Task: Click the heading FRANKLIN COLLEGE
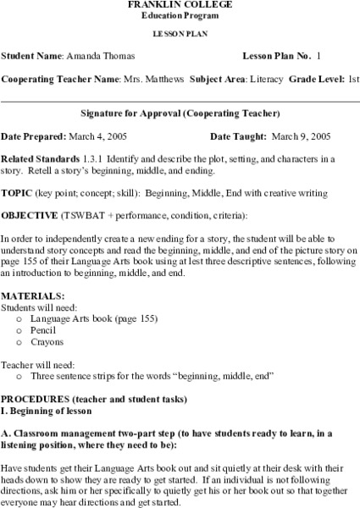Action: (179, 5)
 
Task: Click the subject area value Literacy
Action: (269, 79)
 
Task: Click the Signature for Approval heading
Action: (180, 113)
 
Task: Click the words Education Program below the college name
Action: (179, 16)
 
